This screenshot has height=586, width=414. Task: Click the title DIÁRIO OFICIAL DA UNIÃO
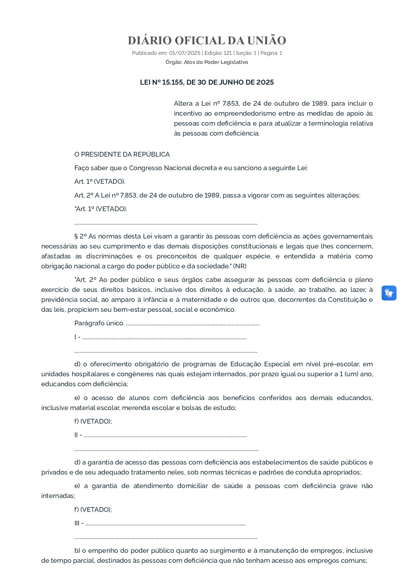(x=207, y=40)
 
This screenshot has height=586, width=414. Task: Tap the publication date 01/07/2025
(x=184, y=53)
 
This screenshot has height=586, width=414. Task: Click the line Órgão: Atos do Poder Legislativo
(x=207, y=62)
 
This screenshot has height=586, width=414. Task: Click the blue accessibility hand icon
(x=389, y=293)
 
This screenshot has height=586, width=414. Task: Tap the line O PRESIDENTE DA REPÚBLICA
(x=122, y=154)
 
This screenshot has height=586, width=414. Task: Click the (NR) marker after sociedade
(x=239, y=266)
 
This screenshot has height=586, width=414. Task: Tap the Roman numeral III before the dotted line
(x=77, y=523)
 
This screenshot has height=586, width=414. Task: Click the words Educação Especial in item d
(x=260, y=364)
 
